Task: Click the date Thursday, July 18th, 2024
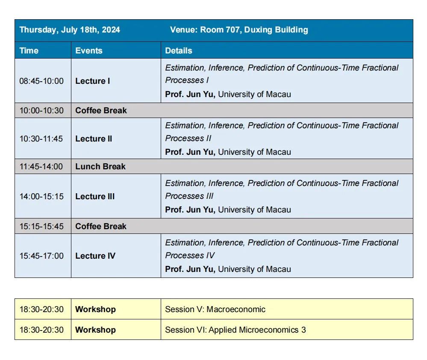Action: pyautogui.click(x=70, y=30)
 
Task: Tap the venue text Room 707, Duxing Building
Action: pyautogui.click(x=239, y=30)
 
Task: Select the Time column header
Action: pyautogui.click(x=29, y=50)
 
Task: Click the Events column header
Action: pyautogui.click(x=89, y=50)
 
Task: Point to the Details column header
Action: pyautogui.click(x=179, y=50)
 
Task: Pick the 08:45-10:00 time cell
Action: pyautogui.click(x=41, y=81)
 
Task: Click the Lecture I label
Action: pyautogui.click(x=93, y=81)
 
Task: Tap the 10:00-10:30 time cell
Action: pyautogui.click(x=41, y=110)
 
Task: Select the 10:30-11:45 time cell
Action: pyautogui.click(x=41, y=139)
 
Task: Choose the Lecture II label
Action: pyautogui.click(x=94, y=139)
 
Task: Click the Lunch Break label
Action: pyautogui.click(x=100, y=166)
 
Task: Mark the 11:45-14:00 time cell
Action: pyautogui.click(x=41, y=166)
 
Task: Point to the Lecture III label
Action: pyautogui.click(x=95, y=196)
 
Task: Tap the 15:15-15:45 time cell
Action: pyautogui.click(x=41, y=226)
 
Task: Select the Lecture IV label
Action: pyautogui.click(x=95, y=256)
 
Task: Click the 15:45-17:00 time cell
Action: pyautogui.click(x=41, y=256)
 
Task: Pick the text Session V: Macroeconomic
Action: pyautogui.click(x=215, y=309)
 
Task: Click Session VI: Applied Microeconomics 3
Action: pyautogui.click(x=236, y=330)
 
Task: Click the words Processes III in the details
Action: pyautogui.click(x=189, y=196)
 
